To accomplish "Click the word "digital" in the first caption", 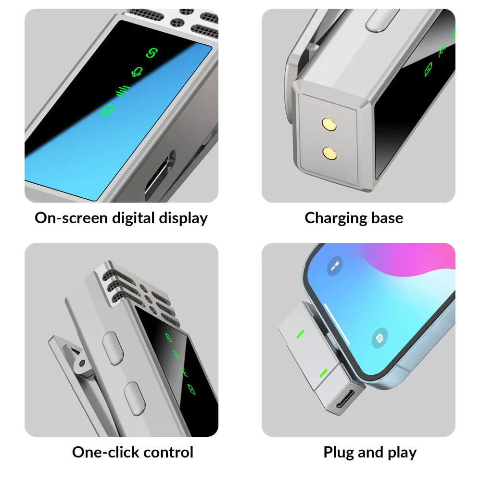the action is tap(133, 218).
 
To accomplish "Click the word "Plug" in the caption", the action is tap(338, 453).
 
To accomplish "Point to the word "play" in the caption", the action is tap(402, 453).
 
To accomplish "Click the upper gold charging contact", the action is tap(329, 125).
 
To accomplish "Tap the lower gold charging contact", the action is tap(330, 153).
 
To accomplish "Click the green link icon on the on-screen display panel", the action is tap(152, 53).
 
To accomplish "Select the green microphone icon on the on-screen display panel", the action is tap(137, 72).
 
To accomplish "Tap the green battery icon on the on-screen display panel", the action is tap(107, 111).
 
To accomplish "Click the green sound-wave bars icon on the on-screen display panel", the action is tap(123, 91).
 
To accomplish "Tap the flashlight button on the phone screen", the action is tap(335, 266).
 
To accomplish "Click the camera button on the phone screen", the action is tap(380, 338).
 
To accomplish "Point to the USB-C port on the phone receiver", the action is tap(345, 399).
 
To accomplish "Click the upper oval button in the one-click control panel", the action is tap(113, 348).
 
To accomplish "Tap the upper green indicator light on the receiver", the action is tap(301, 334).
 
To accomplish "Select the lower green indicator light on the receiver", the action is tap(324, 373).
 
